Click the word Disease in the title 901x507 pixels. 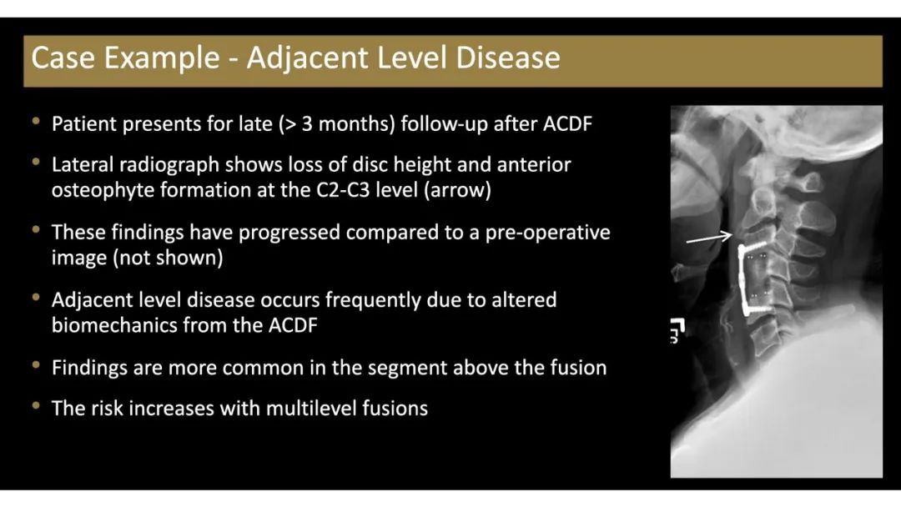pyautogui.click(x=508, y=58)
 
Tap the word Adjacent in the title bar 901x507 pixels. pyautogui.click(x=305, y=58)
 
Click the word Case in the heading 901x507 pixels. pyautogui.click(x=63, y=58)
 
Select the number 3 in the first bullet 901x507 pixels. pyautogui.click(x=307, y=124)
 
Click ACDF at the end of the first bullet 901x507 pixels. pyautogui.click(x=567, y=124)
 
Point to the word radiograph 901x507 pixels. pyautogui.click(x=169, y=165)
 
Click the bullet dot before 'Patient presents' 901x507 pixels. pyautogui.click(x=37, y=122)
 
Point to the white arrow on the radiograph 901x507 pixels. pyautogui.click(x=709, y=238)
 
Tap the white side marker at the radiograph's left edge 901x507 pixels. pyautogui.click(x=677, y=330)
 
